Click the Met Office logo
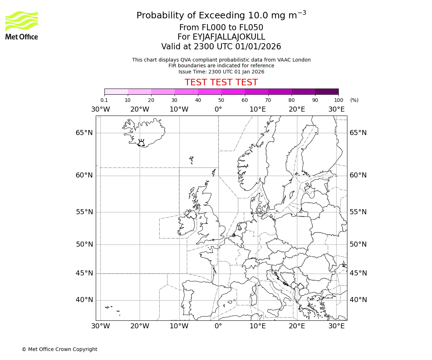(x=22, y=25)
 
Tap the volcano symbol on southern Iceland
(x=141, y=143)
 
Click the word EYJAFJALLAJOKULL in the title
(x=221, y=37)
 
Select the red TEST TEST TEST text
(x=221, y=82)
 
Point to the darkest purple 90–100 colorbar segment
(x=327, y=91)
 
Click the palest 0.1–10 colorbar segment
(x=116, y=91)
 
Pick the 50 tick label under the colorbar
(x=221, y=100)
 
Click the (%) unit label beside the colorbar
(x=354, y=100)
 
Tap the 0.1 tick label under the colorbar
(x=104, y=100)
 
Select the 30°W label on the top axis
(x=100, y=109)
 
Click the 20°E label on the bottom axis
(x=297, y=326)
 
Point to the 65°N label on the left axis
(x=84, y=133)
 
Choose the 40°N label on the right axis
(x=358, y=300)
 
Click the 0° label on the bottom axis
(x=218, y=326)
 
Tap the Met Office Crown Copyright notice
(x=59, y=349)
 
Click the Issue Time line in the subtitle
(x=221, y=72)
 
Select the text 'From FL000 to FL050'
(x=221, y=28)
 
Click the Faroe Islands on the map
(x=192, y=159)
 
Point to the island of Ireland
(x=187, y=225)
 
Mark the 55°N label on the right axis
(x=358, y=212)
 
